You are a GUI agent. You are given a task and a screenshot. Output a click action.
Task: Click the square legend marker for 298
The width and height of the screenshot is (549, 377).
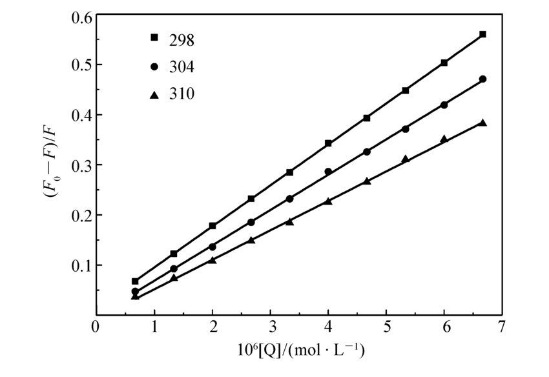(154, 38)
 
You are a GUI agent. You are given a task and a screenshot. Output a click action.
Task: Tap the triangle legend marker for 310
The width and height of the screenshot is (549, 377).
(154, 95)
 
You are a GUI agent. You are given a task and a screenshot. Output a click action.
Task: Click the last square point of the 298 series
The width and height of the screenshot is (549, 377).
(482, 34)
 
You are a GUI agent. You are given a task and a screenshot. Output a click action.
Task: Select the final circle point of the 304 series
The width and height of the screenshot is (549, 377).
(482, 79)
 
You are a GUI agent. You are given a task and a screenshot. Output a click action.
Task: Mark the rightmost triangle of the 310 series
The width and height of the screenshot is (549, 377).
(482, 123)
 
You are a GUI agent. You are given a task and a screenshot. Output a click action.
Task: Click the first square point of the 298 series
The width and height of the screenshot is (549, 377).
(135, 281)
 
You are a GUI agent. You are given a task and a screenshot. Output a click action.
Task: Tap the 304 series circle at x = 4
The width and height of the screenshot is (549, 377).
(328, 172)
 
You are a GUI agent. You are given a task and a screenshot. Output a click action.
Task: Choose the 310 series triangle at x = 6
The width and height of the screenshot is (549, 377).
(444, 139)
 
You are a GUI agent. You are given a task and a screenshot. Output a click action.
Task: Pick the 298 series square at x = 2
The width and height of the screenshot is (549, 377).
(212, 226)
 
